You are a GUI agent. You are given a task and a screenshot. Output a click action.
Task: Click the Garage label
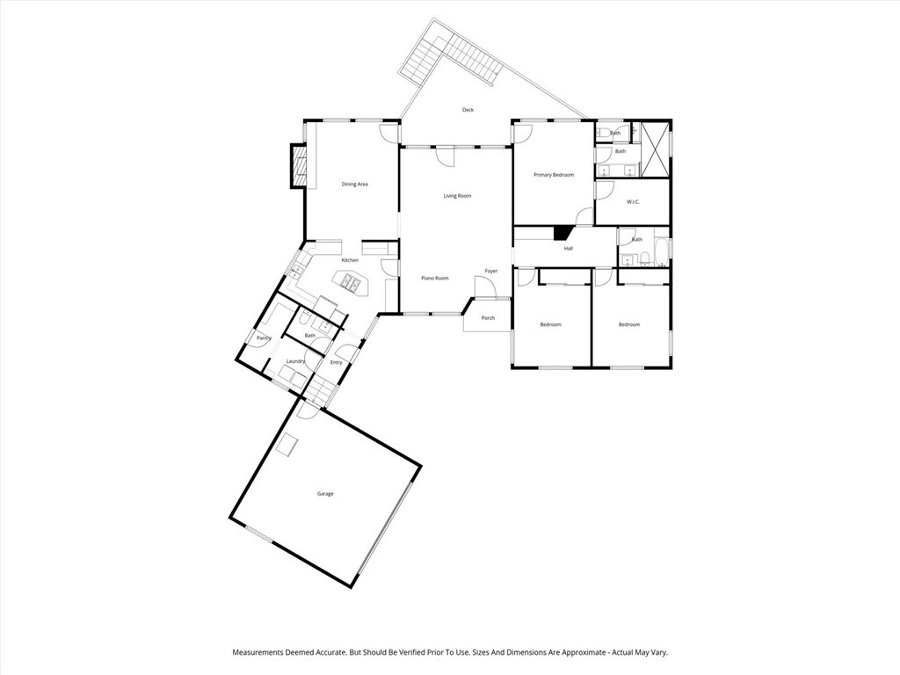(325, 494)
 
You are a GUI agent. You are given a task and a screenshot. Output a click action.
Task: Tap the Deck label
(468, 110)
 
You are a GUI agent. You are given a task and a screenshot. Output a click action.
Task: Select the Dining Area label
(354, 185)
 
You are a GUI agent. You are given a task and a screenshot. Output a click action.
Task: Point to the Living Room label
(457, 196)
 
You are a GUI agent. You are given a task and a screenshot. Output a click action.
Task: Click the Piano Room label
(434, 279)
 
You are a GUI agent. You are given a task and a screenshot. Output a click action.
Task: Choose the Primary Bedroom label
(554, 176)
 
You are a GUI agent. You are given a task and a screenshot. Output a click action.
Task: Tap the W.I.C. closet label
(633, 202)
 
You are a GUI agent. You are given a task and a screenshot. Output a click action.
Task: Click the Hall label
(569, 249)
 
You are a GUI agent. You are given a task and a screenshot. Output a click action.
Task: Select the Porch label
(487, 318)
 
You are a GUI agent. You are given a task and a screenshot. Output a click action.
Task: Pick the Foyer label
(491, 271)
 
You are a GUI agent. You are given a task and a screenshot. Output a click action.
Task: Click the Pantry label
(263, 337)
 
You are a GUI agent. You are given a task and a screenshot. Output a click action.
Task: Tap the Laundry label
(295, 361)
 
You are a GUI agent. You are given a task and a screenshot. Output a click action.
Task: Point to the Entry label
(336, 362)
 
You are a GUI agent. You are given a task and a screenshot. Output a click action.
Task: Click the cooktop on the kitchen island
(349, 282)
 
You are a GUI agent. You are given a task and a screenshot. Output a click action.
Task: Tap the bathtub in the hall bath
(661, 248)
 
